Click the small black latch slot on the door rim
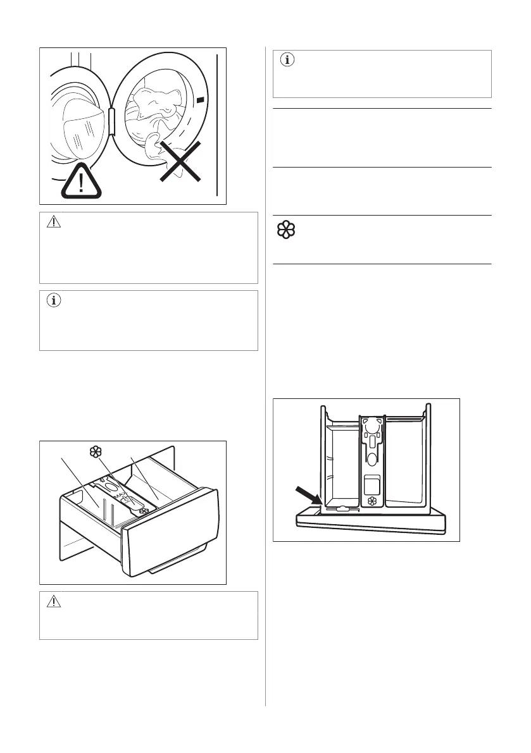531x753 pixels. [201, 100]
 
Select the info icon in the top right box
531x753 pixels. [287, 61]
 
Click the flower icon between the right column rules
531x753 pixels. [286, 230]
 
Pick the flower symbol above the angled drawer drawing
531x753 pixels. [96, 452]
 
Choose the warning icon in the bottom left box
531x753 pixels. [54, 603]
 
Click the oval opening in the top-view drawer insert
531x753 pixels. [371, 457]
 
